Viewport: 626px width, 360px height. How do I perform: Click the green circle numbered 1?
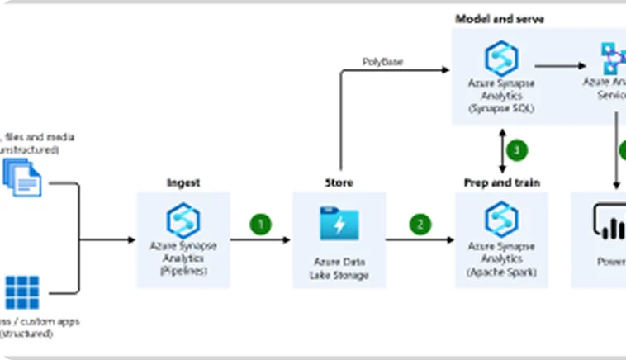tap(261, 224)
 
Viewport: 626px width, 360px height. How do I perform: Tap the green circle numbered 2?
tap(421, 224)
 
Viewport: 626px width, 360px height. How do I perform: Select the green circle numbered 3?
tap(516, 150)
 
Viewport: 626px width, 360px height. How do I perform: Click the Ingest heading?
tap(183, 182)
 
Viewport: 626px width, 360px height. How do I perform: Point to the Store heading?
tap(339, 182)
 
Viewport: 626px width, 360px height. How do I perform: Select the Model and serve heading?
tap(500, 18)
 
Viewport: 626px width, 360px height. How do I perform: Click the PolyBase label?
tap(383, 62)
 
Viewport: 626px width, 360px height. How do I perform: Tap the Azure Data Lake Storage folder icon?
tap(339, 223)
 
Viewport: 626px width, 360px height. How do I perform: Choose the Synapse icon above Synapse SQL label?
tap(501, 58)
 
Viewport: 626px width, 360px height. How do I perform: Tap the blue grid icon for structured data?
tap(22, 292)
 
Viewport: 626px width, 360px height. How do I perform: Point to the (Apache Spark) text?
tap(501, 271)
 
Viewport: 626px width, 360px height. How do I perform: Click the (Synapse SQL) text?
tap(501, 108)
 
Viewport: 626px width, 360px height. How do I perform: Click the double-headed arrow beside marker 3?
tap(500, 149)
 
